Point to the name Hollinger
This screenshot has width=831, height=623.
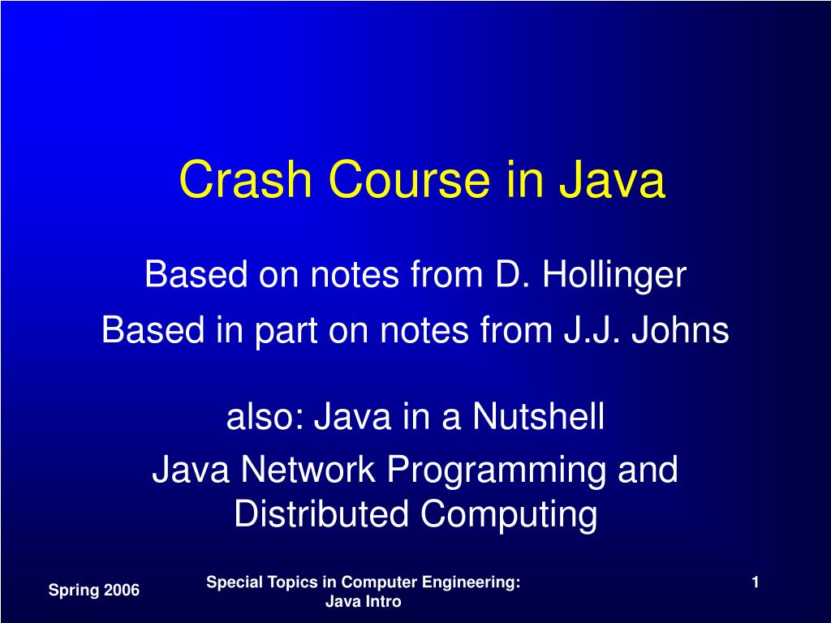click(614, 276)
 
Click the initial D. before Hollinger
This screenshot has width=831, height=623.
click(512, 276)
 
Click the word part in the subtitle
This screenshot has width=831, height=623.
click(282, 331)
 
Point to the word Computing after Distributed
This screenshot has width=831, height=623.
click(509, 514)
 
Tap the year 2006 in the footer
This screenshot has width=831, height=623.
click(120, 591)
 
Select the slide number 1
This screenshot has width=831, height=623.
click(755, 582)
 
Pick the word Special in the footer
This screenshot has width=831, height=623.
click(230, 582)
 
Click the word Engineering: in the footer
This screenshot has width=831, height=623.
click(473, 582)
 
